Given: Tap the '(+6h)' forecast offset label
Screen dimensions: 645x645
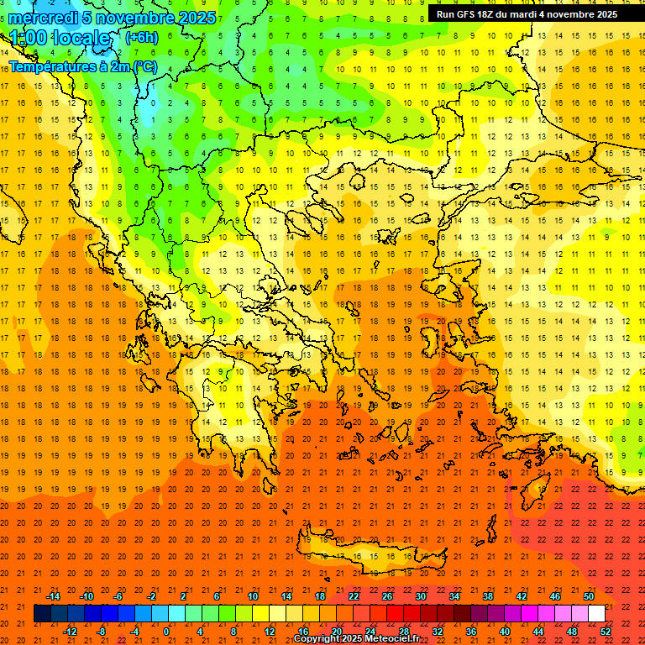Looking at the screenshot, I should (140, 37).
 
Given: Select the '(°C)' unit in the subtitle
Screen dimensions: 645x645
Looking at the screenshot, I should (144, 66).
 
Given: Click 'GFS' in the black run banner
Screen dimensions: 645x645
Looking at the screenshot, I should (465, 14).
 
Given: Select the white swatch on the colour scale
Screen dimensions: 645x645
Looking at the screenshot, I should (596, 614).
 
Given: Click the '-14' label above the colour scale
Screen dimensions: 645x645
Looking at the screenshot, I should (53, 596).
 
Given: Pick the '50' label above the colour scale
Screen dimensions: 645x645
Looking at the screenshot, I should (589, 596).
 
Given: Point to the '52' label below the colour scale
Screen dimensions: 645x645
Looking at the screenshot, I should (606, 632).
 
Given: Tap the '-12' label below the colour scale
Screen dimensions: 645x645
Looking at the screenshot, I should (70, 632).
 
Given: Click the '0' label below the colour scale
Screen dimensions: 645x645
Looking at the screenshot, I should (165, 632).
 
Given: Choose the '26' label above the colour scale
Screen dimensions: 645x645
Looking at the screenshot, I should (387, 596).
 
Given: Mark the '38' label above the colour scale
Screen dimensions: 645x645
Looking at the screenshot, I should (488, 596).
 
